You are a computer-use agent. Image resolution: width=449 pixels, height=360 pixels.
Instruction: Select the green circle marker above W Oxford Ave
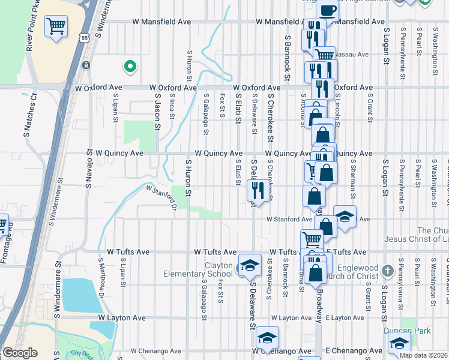pyautogui.click(x=128, y=66)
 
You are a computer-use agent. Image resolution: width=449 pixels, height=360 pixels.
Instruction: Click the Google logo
pyautogui.click(x=20, y=353)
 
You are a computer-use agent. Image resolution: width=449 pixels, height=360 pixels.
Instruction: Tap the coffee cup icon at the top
pyautogui.click(x=328, y=10)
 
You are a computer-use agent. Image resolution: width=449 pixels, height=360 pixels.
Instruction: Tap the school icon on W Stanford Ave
pyautogui.click(x=345, y=217)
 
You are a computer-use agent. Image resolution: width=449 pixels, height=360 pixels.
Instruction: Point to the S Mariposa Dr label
pyautogui.click(x=101, y=286)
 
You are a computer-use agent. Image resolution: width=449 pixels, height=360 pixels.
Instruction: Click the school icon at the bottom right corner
pyautogui.click(x=399, y=345)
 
